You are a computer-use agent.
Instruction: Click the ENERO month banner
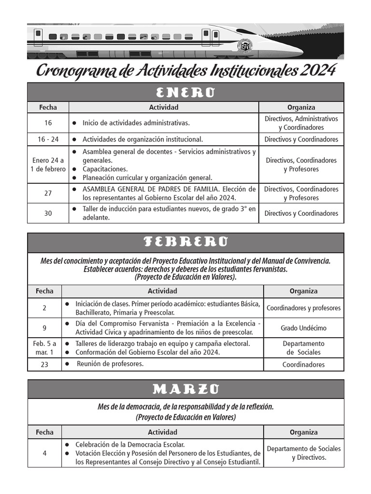click(185, 92)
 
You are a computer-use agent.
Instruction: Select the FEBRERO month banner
click(185, 242)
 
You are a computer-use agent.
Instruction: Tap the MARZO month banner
click(185, 389)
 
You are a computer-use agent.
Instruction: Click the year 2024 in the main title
click(317, 70)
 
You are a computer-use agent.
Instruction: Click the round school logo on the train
click(245, 46)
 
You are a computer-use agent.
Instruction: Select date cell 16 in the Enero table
click(48, 123)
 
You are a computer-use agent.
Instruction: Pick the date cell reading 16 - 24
click(48, 139)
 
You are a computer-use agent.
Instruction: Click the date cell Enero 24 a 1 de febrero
click(48, 165)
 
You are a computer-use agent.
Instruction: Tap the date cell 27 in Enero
click(48, 193)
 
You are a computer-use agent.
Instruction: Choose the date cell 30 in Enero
click(48, 213)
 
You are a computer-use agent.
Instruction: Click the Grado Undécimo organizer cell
click(303, 328)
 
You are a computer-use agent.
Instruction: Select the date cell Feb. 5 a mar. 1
click(44, 348)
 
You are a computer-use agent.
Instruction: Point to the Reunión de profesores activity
click(110, 364)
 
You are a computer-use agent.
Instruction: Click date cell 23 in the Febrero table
click(44, 365)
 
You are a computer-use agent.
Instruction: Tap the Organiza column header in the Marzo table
click(303, 432)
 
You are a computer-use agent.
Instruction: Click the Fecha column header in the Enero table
click(48, 107)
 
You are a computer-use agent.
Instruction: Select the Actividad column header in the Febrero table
click(162, 291)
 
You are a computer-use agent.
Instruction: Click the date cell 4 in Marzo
click(44, 453)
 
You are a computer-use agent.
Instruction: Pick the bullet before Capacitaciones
click(74, 169)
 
